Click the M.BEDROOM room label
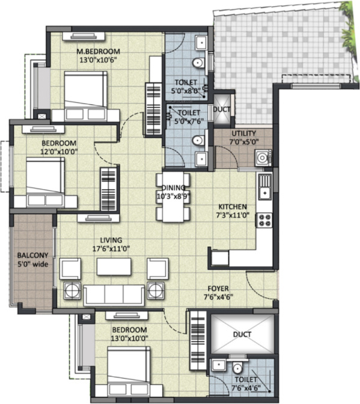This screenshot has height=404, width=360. [98, 50]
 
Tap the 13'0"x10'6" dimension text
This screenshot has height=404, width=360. [98, 59]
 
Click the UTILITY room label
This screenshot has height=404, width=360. [243, 133]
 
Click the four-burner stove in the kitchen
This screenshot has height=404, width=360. [264, 220]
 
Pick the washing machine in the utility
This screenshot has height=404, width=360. [263, 158]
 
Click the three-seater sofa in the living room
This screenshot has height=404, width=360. [114, 294]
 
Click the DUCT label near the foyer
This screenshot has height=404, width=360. [243, 334]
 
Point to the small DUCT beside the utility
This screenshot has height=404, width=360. [222, 110]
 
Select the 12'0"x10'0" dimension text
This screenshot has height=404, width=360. [59, 152]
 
